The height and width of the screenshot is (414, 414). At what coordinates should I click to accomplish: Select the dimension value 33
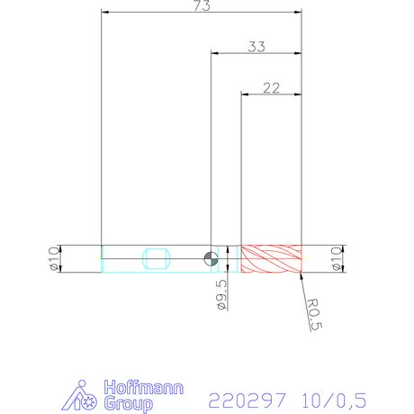[256, 46]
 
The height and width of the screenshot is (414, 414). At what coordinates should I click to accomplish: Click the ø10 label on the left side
[51, 257]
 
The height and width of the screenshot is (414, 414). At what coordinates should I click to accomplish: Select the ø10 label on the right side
[338, 257]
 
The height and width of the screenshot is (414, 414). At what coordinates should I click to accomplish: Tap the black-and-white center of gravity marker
[211, 258]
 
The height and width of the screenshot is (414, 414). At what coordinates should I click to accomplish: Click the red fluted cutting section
[270, 258]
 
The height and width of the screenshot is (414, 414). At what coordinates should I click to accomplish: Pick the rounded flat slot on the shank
[157, 258]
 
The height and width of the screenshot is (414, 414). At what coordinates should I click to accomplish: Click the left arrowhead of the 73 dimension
[104, 13]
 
